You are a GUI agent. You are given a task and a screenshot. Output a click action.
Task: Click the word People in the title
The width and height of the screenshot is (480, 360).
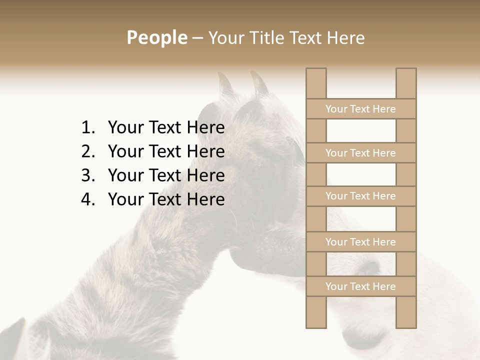coord(156,38)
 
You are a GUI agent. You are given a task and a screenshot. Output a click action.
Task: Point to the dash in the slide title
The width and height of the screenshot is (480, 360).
coord(197,39)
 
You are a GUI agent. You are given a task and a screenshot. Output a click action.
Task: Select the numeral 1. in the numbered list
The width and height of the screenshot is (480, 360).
coord(88,128)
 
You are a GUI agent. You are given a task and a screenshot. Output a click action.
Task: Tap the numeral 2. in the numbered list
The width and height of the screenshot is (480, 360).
coord(88,151)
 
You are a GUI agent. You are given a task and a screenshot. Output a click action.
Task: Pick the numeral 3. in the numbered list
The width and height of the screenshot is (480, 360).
coord(88,175)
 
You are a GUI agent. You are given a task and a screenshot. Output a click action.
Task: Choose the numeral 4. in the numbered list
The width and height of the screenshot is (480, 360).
coord(88,199)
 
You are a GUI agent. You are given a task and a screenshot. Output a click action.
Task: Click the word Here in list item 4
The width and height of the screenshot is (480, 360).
coord(205,199)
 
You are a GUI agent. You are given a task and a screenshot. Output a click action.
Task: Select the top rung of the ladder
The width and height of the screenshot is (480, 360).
coord(360,109)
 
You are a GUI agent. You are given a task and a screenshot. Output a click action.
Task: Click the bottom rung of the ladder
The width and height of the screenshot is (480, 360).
coord(360,286)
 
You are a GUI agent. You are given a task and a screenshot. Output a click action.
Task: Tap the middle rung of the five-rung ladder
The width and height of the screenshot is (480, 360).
coord(360,196)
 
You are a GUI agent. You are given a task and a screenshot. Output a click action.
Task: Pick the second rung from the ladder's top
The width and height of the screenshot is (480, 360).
coord(360,153)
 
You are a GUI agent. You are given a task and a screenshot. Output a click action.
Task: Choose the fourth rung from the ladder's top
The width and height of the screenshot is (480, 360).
coord(360,242)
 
